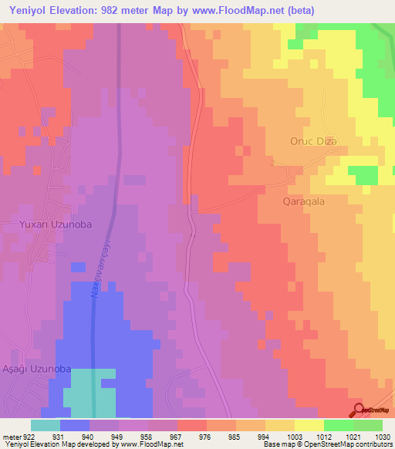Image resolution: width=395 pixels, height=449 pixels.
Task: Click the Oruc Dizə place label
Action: point(315,140)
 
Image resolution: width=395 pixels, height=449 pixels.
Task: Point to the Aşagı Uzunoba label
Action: point(35,370)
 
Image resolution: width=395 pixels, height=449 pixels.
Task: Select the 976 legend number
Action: point(204,437)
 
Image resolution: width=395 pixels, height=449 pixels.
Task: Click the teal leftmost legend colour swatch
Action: point(46,425)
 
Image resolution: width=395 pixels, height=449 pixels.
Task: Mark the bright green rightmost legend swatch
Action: point(368,425)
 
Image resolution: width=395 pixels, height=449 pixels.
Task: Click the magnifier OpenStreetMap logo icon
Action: point(359,408)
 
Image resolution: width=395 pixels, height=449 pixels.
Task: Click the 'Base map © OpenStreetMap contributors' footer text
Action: point(328,444)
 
